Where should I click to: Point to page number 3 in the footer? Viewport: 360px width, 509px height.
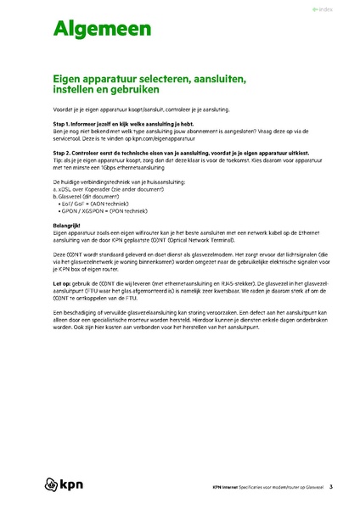click(330, 487)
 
